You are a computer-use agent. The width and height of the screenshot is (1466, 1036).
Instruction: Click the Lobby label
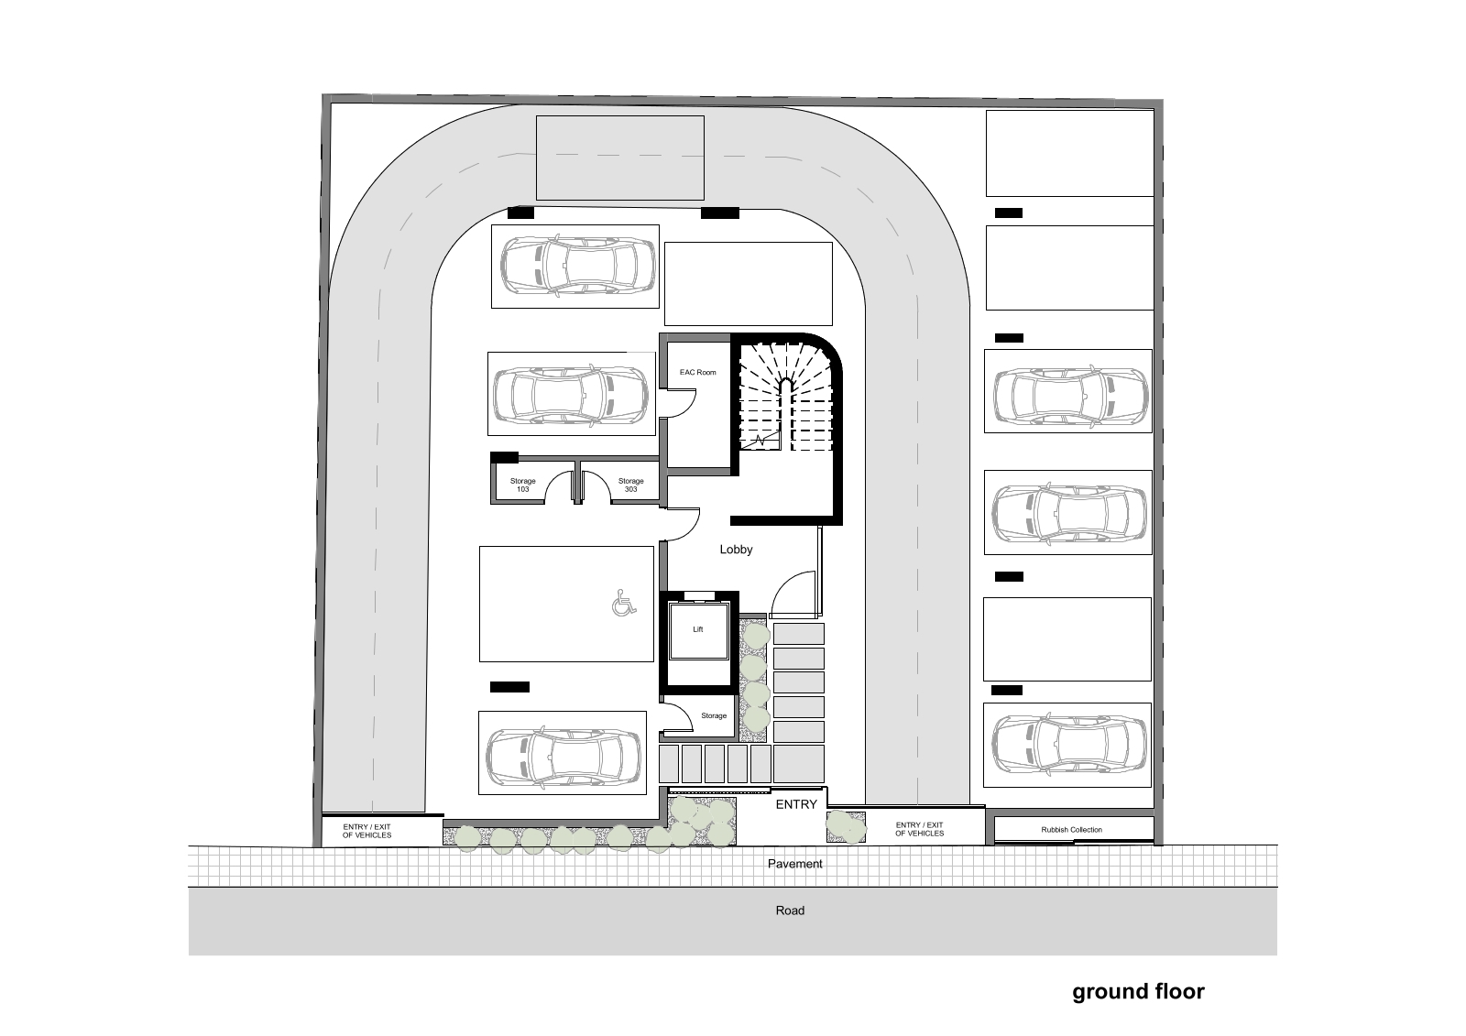click(736, 550)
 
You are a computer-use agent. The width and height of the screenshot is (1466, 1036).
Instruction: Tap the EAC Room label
click(697, 373)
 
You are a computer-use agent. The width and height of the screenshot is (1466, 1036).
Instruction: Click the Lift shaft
click(698, 633)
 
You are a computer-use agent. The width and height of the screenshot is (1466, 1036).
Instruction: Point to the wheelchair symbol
click(624, 603)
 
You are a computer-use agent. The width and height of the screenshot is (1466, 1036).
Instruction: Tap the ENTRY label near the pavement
click(796, 804)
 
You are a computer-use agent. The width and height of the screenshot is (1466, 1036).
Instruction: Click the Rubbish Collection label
click(1071, 830)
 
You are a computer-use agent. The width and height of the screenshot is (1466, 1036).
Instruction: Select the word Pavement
click(794, 864)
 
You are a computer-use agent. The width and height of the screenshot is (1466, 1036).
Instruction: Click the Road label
click(790, 911)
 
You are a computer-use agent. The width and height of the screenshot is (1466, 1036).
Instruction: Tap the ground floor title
click(1138, 992)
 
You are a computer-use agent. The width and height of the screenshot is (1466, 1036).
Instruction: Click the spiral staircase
click(786, 399)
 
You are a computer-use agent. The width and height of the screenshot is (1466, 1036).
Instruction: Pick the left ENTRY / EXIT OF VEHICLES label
click(366, 831)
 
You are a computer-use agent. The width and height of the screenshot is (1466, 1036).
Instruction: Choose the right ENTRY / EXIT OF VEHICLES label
click(920, 829)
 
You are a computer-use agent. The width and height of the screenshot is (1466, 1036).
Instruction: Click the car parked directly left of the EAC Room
click(571, 394)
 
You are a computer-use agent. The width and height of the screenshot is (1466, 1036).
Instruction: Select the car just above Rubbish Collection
click(1069, 745)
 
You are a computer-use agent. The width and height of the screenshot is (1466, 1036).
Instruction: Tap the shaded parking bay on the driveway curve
click(619, 158)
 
